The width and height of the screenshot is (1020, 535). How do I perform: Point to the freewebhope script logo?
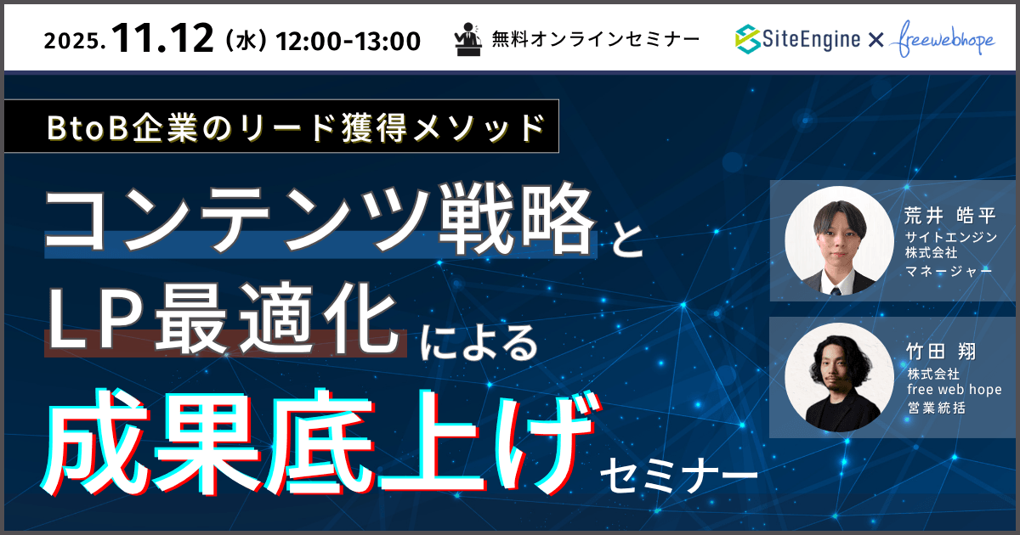click(x=946, y=40)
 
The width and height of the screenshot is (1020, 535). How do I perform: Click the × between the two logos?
click(x=877, y=39)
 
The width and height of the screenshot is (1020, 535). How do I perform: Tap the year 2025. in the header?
click(x=75, y=40)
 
